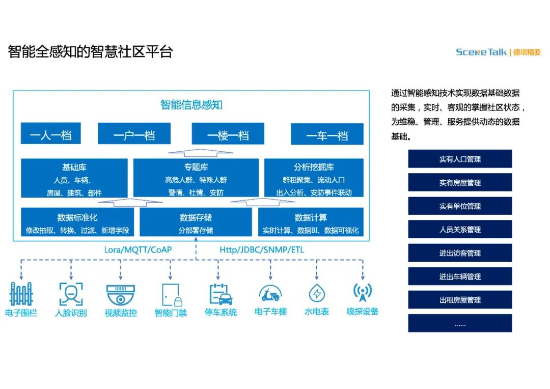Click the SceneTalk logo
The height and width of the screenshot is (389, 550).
click(481, 52)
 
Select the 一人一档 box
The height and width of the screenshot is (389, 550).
click(50, 134)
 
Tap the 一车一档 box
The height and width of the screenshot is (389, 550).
click(327, 134)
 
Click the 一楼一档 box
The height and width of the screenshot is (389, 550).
click(228, 134)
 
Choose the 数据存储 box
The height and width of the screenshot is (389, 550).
click(196, 223)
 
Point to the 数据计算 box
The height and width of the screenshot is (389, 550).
click(311, 223)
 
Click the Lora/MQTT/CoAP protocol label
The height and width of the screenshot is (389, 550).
click(137, 249)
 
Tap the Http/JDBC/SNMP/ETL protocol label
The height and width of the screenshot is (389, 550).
click(262, 249)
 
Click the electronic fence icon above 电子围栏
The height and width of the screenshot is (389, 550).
click(21, 294)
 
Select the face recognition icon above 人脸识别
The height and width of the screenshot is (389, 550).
click(71, 294)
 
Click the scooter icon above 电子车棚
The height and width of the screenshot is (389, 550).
click(270, 293)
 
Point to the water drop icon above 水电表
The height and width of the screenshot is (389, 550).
click(317, 293)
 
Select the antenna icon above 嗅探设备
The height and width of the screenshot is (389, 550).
click(363, 292)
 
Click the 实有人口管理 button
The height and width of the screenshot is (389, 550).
click(460, 159)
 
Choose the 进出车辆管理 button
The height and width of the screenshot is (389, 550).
click(460, 276)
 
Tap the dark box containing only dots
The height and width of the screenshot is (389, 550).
click(460, 323)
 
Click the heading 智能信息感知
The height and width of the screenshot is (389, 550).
click(191, 105)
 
